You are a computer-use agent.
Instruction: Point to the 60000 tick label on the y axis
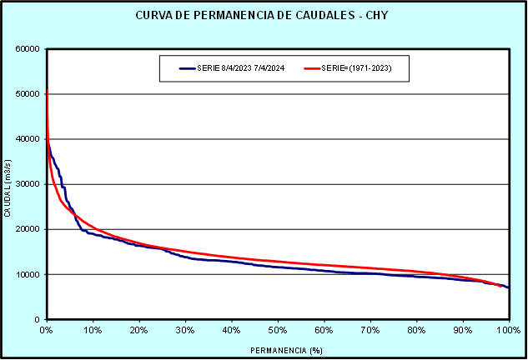click(28, 48)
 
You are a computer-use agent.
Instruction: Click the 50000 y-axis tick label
click(28, 93)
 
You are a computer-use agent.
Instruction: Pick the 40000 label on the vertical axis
click(28, 139)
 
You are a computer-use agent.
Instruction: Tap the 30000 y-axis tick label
click(28, 184)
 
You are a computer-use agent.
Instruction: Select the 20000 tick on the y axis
click(28, 229)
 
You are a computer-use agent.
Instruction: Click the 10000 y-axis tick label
click(28, 274)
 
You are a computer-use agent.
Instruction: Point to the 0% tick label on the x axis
click(47, 331)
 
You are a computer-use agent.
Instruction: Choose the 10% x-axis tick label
click(93, 331)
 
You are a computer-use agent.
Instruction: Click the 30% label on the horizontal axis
click(185, 331)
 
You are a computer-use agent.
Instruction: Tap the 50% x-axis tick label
click(278, 331)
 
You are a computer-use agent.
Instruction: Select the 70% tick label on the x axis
click(370, 331)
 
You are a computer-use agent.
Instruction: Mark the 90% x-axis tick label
click(463, 331)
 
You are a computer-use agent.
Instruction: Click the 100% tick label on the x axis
click(507, 331)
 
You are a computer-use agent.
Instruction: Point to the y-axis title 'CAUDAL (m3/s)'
click(8, 184)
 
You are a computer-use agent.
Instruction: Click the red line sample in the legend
click(312, 68)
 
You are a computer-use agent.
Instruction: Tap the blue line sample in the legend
click(186, 68)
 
